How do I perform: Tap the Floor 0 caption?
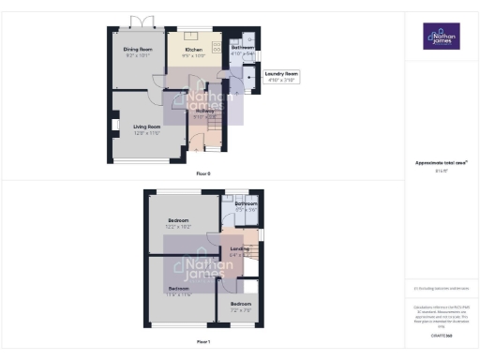tap(203, 172)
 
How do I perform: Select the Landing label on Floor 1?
tap(239, 248)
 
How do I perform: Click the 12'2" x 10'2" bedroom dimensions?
tap(178, 226)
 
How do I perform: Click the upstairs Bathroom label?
tap(247, 203)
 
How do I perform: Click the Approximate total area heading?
tap(441, 163)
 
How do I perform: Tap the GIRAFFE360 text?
tap(442, 335)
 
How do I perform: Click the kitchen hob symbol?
tap(217, 45)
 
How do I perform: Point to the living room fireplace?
tap(115, 124)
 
